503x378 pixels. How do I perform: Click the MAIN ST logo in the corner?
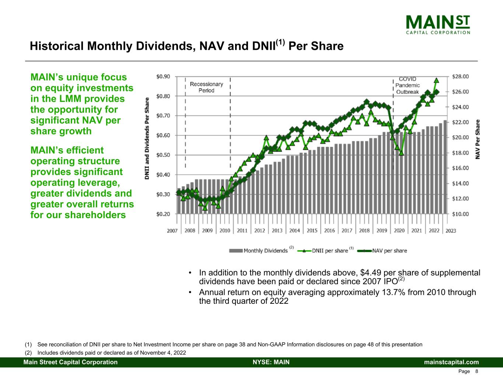coord(438,24)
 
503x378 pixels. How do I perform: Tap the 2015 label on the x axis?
coord(312,230)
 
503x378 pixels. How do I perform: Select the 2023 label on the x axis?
coord(451,230)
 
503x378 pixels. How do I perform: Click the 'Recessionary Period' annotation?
coord(206,87)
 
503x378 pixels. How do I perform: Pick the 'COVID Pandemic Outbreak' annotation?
coord(408,85)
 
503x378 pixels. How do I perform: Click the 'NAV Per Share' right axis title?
coord(478,139)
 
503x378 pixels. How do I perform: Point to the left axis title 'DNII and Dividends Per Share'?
coord(147,138)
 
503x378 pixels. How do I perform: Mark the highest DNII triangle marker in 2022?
coord(436,80)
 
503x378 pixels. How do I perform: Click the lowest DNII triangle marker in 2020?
coord(401,153)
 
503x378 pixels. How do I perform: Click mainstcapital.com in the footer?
coord(451,362)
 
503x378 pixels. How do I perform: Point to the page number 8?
coord(477,371)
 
